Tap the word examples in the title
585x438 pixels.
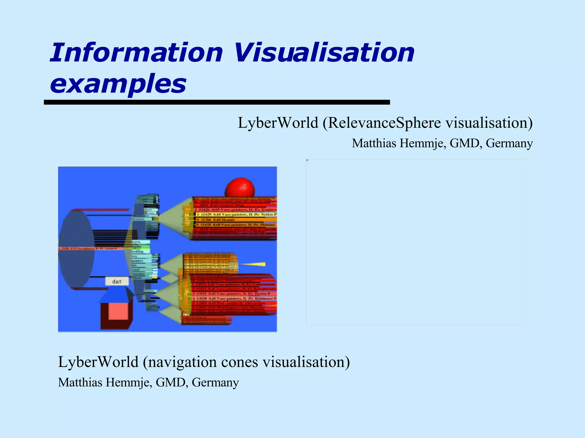(x=118, y=84)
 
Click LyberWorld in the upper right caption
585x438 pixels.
(x=278, y=123)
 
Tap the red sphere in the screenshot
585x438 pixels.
(x=240, y=187)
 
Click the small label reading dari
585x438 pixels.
(x=117, y=281)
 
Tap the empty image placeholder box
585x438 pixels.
(x=415, y=242)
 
